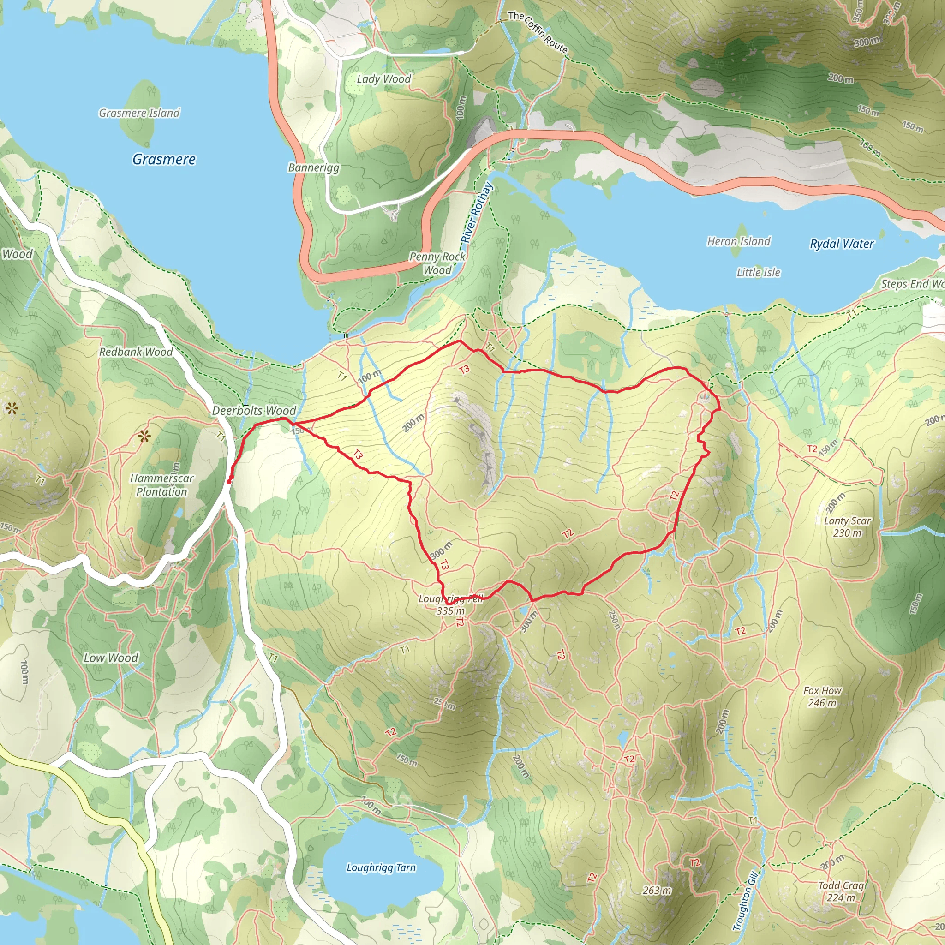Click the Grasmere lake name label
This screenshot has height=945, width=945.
pos(164,160)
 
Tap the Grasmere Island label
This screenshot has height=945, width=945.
pos(139,113)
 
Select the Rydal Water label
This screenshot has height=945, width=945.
pos(841,244)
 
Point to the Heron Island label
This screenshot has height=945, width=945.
pos(739,241)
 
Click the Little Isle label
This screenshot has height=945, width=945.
pos(758,272)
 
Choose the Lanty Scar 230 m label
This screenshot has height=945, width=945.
pos(847,527)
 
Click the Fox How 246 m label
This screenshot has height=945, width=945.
pos(822,696)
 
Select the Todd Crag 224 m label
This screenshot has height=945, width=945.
pos(841,891)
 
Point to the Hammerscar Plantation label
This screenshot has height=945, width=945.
pos(161,485)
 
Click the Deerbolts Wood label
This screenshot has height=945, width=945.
pos(254,411)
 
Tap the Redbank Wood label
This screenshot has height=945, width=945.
pos(136,352)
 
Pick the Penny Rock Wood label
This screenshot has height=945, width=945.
pos(437,263)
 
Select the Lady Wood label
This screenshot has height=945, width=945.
pos(383,79)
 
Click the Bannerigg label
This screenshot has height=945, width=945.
pos(313,168)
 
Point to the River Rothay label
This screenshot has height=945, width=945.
pos(477,213)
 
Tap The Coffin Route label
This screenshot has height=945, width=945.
pos(538,32)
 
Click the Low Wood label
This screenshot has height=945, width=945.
pos(111,658)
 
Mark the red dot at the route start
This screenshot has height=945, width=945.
pos(229,482)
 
